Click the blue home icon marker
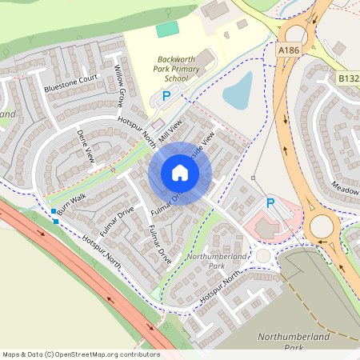click(x=179, y=173)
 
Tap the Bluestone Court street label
click(x=70, y=82)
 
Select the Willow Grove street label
click(x=119, y=86)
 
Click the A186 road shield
click(x=290, y=50)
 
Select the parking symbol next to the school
click(x=166, y=95)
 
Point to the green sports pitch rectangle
click(x=167, y=30)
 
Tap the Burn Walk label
click(x=71, y=203)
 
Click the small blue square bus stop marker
click(x=54, y=212)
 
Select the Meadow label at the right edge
click(x=346, y=190)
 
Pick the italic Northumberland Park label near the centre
click(x=206, y=260)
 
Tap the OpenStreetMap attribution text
click(x=81, y=354)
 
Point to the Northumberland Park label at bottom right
click(x=295, y=342)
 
